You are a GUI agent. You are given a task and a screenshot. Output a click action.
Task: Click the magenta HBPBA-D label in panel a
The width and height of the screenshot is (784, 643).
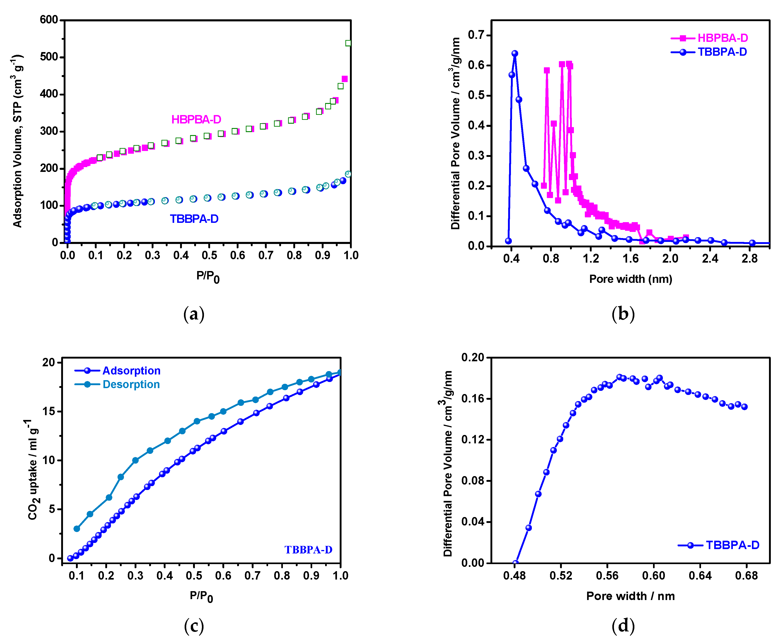(x=196, y=119)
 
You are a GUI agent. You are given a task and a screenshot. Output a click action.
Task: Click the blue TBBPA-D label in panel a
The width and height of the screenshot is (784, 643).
(x=194, y=219)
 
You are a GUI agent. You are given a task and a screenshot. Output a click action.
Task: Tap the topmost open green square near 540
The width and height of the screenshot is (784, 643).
(x=348, y=43)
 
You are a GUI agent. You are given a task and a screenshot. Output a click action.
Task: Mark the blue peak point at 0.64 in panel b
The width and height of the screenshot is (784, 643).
(x=515, y=53)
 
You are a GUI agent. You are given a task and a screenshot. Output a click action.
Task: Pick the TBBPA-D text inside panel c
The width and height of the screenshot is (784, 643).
(x=308, y=550)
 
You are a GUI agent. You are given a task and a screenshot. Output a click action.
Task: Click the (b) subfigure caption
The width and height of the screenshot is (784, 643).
(x=623, y=314)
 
